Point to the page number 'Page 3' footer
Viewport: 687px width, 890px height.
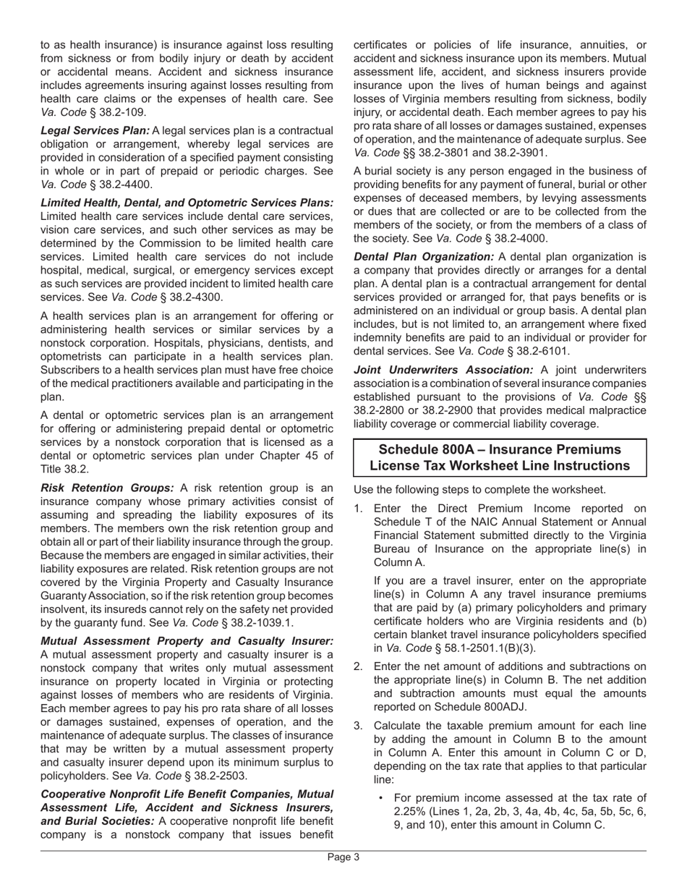tap(343, 857)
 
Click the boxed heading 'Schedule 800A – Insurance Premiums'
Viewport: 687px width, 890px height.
tap(500, 449)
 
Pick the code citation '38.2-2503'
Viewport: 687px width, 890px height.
tap(218, 776)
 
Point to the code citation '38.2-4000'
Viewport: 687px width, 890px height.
tap(517, 239)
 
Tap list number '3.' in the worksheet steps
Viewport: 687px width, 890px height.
tap(359, 726)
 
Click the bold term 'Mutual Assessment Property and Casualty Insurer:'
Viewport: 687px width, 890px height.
tap(187, 641)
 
